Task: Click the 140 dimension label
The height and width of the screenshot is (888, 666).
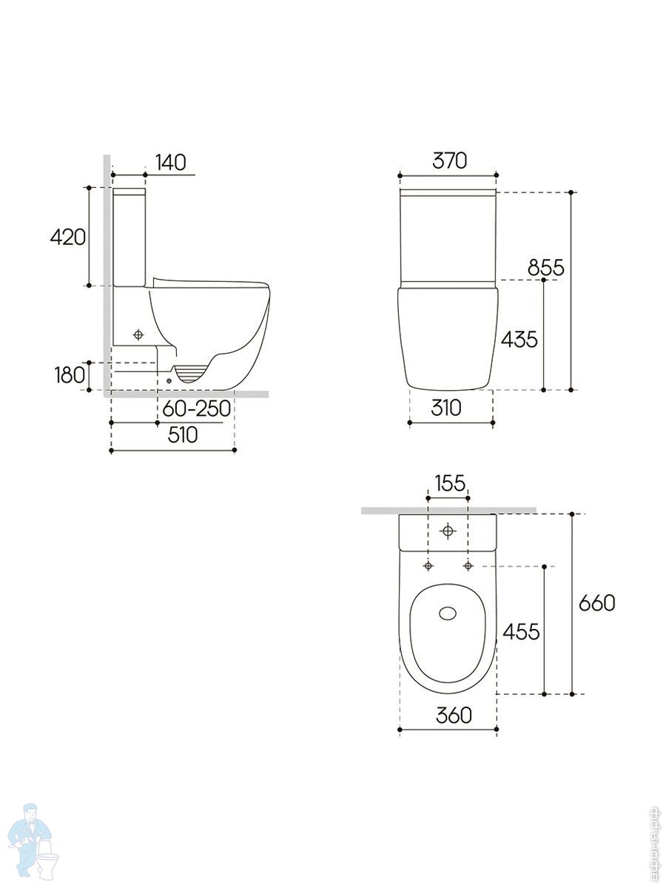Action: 171,162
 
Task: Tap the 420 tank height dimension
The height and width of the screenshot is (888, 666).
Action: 68,237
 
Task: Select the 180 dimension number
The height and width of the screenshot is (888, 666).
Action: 70,375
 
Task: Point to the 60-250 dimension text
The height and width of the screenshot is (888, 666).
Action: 197,408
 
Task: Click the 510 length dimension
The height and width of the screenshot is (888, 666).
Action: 183,435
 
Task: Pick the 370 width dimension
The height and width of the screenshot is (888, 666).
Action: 449,160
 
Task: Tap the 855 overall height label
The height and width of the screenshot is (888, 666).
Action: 545,267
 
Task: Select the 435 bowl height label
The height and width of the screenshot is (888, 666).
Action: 519,339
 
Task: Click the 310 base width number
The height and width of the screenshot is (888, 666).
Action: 446,408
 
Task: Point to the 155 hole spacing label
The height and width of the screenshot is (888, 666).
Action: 450,483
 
